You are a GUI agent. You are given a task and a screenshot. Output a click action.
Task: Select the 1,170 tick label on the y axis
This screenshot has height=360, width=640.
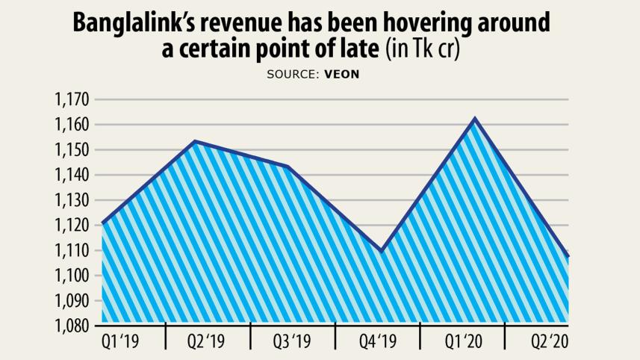pyautogui.click(x=72, y=99)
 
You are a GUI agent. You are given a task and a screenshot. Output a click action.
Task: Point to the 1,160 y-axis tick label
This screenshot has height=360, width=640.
pyautogui.click(x=72, y=125)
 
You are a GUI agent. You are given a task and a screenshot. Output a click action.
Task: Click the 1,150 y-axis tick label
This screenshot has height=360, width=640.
pyautogui.click(x=72, y=150)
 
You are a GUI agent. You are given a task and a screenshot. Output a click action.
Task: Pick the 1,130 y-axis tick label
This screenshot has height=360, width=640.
pyautogui.click(x=72, y=201)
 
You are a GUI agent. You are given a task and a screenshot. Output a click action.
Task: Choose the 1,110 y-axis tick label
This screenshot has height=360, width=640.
pyautogui.click(x=72, y=251)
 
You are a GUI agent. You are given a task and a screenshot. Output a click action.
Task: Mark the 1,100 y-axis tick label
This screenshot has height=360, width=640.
pyautogui.click(x=72, y=276)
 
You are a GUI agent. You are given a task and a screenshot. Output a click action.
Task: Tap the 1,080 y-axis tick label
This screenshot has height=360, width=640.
pyautogui.click(x=72, y=326)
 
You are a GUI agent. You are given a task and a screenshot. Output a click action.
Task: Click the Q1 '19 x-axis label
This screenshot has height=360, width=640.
pyautogui.click(x=122, y=343)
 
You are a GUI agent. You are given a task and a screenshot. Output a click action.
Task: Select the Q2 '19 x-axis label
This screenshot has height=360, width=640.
pyautogui.click(x=207, y=343)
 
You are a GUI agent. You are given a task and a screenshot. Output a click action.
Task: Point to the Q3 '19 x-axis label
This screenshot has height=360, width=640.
pyautogui.click(x=292, y=343)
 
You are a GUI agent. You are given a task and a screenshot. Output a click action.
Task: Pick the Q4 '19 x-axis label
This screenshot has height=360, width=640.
pyautogui.click(x=377, y=343)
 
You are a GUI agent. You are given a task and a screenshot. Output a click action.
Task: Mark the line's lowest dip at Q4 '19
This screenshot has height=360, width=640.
pyautogui.click(x=382, y=252)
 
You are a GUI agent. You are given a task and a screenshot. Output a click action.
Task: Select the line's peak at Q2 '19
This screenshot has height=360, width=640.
pyautogui.click(x=194, y=141)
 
